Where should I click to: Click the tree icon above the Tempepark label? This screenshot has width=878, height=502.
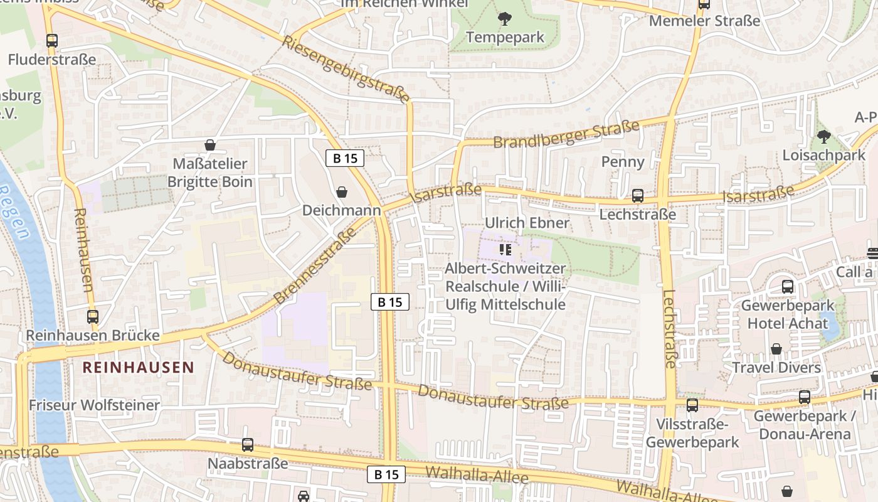[505, 19]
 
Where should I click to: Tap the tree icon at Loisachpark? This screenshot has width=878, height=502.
[824, 136]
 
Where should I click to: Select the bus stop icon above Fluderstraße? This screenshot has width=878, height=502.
[52, 41]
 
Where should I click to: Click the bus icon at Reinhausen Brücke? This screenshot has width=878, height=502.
[93, 317]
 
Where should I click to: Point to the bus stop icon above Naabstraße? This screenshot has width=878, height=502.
[248, 445]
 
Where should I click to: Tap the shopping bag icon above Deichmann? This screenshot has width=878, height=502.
[342, 191]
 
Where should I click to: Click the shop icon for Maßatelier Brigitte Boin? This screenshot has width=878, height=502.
[210, 145]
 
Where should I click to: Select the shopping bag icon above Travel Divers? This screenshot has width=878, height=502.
[776, 349]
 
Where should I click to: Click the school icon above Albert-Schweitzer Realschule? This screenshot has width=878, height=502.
[505, 250]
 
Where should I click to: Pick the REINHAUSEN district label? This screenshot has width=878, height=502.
[139, 368]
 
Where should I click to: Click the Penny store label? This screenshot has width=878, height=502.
[623, 162]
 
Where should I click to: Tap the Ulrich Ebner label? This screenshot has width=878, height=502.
[527, 223]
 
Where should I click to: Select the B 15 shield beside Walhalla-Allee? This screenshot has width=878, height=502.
[386, 474]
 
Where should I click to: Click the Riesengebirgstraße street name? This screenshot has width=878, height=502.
[346, 69]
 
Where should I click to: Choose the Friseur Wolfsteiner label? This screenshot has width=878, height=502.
[94, 405]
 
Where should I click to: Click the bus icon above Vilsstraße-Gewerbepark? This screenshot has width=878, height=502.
[692, 405]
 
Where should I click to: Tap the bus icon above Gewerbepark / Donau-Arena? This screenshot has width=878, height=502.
[804, 397]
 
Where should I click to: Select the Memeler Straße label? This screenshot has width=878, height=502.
[704, 21]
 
